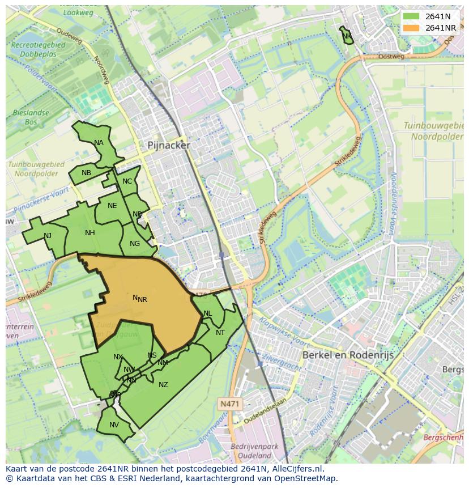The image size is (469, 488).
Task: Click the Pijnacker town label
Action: [169, 145]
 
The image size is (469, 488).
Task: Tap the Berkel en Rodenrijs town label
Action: [348, 355]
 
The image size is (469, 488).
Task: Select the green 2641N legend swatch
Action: [411, 16]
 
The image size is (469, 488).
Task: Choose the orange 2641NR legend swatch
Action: [411, 28]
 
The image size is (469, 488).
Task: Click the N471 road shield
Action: [229, 403]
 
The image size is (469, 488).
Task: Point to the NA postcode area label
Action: [99, 143]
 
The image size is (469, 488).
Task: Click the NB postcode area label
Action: [86, 173]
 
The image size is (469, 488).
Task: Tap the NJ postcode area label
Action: [48, 236]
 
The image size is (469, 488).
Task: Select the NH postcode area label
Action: [90, 233]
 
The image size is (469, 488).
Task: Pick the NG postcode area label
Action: [135, 244]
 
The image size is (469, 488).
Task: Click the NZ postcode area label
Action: [163, 385]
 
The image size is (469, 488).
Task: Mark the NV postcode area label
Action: [114, 425]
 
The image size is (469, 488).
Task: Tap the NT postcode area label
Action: [220, 333]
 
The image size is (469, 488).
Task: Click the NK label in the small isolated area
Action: [347, 36]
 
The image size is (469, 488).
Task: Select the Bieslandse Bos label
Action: [31, 117]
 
